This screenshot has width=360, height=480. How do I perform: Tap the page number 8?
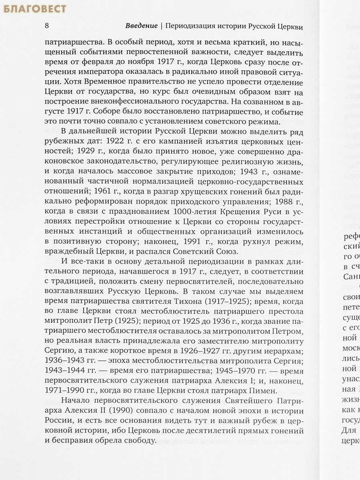point(47,26)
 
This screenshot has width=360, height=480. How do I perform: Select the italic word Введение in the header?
point(141,26)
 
